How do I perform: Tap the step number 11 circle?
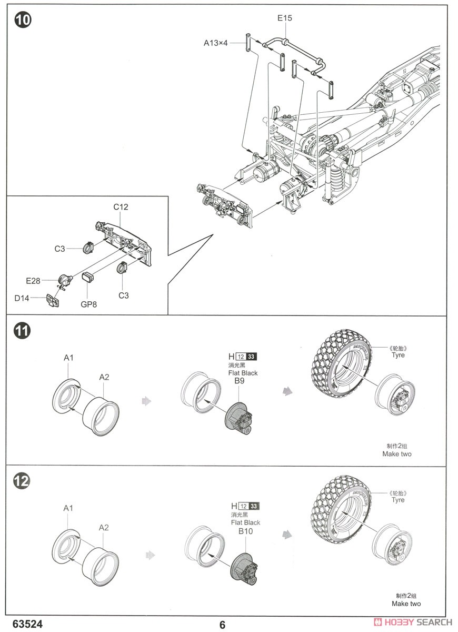click(x=22, y=331)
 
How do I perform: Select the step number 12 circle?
click(x=22, y=481)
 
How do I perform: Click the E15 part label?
click(x=285, y=18)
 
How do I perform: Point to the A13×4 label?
click(x=216, y=43)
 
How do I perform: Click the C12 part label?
click(x=121, y=207)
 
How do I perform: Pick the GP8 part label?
click(x=89, y=304)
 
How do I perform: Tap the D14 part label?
click(x=22, y=299)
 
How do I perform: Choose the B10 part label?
click(x=245, y=531)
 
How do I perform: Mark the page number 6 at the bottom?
click(x=223, y=625)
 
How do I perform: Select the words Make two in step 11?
click(x=397, y=453)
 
